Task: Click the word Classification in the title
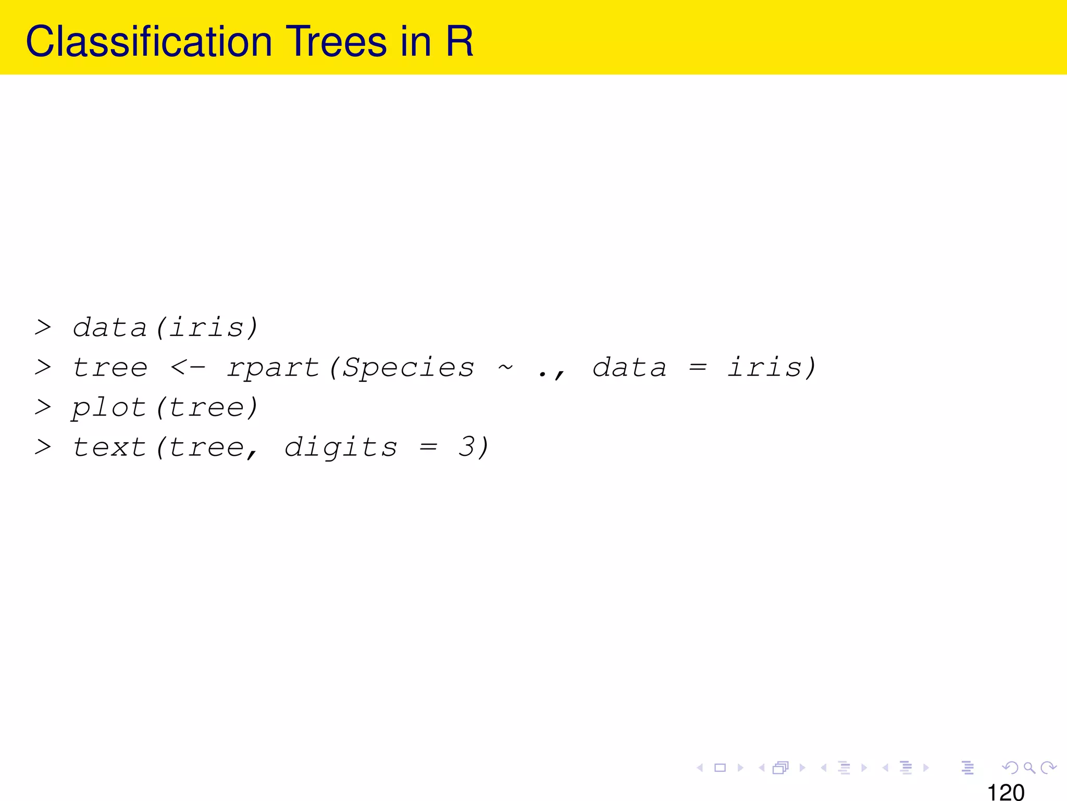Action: [x=149, y=42]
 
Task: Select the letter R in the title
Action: [x=460, y=42]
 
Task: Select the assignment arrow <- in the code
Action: [x=188, y=368]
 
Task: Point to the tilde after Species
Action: [x=505, y=368]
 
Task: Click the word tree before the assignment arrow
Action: [x=110, y=368]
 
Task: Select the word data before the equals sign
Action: [x=629, y=368]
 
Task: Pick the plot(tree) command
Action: [x=165, y=408]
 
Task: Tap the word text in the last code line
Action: [x=109, y=447]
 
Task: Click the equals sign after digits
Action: [x=428, y=447]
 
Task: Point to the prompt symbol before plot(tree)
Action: [x=43, y=407]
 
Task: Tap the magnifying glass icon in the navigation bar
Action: [x=1029, y=768]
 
